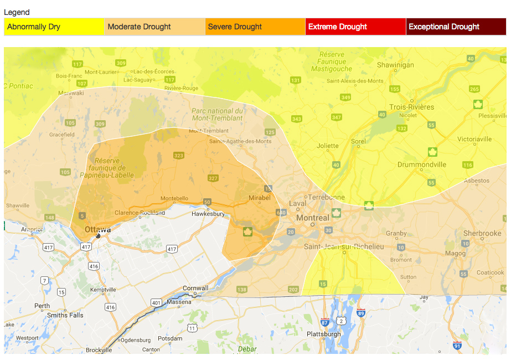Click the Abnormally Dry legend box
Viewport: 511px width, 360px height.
[54, 27]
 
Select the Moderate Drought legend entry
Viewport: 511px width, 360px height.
[154, 27]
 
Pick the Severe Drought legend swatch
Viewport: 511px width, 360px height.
[255, 27]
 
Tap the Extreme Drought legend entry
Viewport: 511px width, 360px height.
[355, 27]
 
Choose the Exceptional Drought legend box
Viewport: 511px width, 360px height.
[456, 27]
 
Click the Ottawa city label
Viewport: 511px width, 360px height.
[97, 229]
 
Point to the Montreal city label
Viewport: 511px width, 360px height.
[313, 218]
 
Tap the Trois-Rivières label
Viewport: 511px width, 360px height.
[412, 107]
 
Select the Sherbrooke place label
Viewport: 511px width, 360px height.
[482, 233]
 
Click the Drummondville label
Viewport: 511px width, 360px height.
[422, 164]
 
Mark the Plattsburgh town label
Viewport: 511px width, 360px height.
[324, 334]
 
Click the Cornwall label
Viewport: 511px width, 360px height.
[196, 288]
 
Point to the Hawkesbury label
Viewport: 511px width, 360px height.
[208, 214]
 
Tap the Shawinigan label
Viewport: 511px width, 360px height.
[395, 65]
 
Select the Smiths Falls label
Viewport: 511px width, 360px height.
[65, 315]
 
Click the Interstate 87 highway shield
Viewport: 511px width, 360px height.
[325, 321]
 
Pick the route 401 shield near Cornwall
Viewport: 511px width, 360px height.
[157, 302]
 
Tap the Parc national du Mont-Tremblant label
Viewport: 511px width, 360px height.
[217, 114]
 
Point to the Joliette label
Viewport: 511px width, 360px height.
[328, 146]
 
